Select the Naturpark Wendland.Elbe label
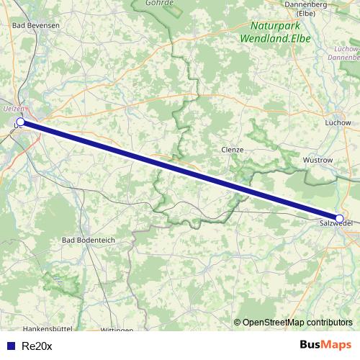point(275,32)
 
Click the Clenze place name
point(232,150)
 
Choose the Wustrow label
point(318,160)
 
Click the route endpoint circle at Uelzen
point(20,122)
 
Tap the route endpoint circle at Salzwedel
point(339,217)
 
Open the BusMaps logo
point(325,345)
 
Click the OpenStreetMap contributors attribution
point(297,322)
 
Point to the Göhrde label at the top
point(159,3)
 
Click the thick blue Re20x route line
point(180,170)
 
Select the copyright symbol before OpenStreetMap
point(238,322)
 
